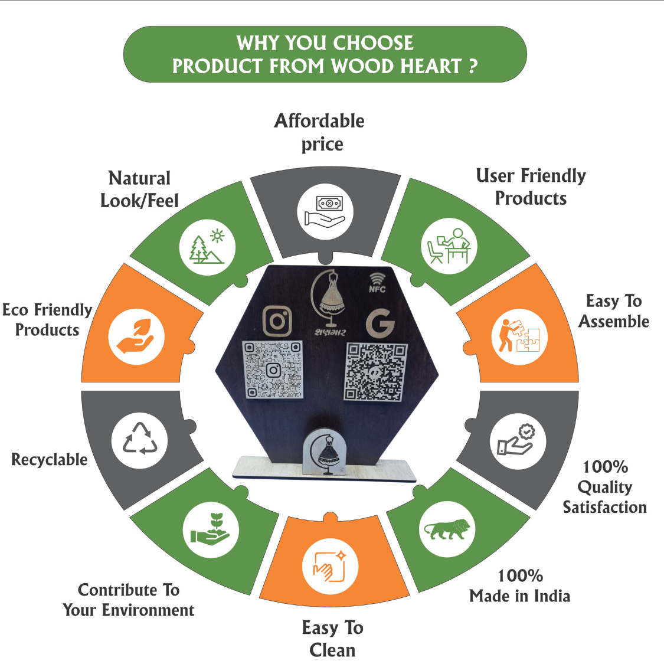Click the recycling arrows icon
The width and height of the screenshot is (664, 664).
pyautogui.click(x=140, y=440)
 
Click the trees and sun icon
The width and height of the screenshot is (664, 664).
pyautogui.click(x=207, y=247)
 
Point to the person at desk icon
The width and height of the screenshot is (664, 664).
pyautogui.click(x=449, y=246)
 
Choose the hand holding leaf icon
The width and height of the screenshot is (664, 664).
pyautogui.click(x=136, y=337)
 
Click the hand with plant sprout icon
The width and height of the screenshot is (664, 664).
pyautogui.click(x=211, y=529)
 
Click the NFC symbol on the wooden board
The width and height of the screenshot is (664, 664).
pyautogui.click(x=377, y=283)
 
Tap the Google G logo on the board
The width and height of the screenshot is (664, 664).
pyautogui.click(x=380, y=323)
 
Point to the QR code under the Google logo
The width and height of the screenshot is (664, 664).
pyautogui.click(x=376, y=372)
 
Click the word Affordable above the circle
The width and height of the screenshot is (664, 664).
pyautogui.click(x=319, y=121)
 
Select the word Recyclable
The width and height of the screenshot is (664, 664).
pyautogui.click(x=50, y=459)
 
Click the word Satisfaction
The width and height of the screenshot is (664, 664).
pyautogui.click(x=604, y=507)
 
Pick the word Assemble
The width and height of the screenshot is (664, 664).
pyautogui.click(x=614, y=322)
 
